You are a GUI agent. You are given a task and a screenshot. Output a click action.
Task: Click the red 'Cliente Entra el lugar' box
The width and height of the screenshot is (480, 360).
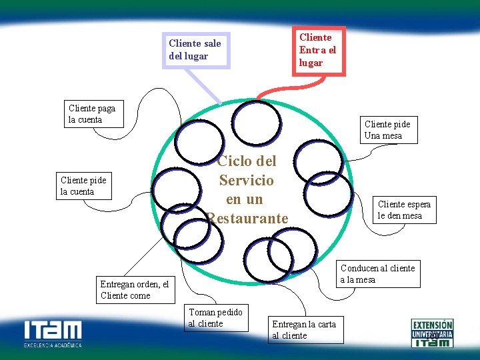[x=319, y=50]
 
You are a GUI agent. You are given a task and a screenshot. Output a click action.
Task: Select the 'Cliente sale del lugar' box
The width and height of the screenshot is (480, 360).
[x=196, y=50]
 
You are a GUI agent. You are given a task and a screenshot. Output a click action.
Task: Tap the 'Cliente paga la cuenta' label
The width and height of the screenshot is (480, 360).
[x=93, y=114]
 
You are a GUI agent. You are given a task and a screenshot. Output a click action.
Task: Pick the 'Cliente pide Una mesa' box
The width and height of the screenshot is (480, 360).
[x=387, y=130]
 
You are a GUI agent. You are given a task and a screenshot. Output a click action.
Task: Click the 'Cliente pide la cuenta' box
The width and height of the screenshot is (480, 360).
[x=84, y=186]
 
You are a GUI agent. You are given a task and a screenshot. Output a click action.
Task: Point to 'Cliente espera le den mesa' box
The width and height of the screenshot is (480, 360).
[x=404, y=210]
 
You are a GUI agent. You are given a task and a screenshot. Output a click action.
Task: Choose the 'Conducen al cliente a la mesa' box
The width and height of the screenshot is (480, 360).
[x=378, y=274]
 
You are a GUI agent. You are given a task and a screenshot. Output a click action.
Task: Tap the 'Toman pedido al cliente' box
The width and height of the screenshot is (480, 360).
[x=215, y=318]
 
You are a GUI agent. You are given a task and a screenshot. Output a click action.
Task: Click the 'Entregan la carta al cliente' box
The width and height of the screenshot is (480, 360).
[x=305, y=329]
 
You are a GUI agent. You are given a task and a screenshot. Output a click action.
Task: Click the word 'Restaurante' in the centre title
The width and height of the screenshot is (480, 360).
[x=247, y=218]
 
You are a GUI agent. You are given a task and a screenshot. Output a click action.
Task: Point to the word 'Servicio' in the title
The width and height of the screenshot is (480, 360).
[x=246, y=181]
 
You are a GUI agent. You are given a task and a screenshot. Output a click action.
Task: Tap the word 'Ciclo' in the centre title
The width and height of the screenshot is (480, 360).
[x=234, y=161]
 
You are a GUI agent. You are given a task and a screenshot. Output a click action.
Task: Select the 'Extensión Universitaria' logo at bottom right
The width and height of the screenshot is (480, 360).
[x=432, y=332]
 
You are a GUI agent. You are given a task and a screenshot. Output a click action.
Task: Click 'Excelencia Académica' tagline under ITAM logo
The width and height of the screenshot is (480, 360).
[x=53, y=345]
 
